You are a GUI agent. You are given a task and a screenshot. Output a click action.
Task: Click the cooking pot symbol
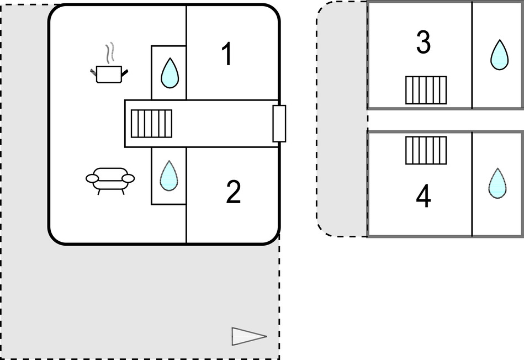[x=109, y=73]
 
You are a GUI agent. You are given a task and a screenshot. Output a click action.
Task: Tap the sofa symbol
[x=110, y=179]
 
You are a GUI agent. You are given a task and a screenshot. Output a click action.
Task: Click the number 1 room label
[x=226, y=55]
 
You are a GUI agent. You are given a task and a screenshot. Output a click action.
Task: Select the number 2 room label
[x=233, y=192]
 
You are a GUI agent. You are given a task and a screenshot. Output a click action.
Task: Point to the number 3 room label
[x=423, y=44]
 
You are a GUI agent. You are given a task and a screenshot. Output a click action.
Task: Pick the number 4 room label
[x=424, y=197]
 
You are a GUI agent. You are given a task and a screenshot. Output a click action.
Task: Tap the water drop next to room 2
[x=169, y=176]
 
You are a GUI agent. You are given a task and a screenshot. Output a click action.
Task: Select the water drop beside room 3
[x=499, y=55]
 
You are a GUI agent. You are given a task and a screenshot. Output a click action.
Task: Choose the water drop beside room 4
[x=497, y=183]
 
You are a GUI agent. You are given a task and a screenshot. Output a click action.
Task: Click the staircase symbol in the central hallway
[x=151, y=124]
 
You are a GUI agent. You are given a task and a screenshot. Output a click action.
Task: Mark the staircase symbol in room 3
[x=426, y=90]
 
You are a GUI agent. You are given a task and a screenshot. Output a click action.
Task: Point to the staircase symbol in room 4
[x=426, y=150]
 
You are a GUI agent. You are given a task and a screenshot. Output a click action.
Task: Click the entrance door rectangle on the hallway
[x=279, y=123]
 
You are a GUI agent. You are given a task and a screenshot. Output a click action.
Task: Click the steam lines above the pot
[x=111, y=52]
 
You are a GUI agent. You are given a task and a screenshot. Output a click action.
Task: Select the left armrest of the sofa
[x=92, y=178]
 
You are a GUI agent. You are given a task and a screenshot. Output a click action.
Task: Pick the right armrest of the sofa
[x=128, y=178]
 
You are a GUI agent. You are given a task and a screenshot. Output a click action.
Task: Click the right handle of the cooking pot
[x=125, y=72]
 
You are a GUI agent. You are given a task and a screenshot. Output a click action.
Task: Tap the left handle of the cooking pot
[x=93, y=71]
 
